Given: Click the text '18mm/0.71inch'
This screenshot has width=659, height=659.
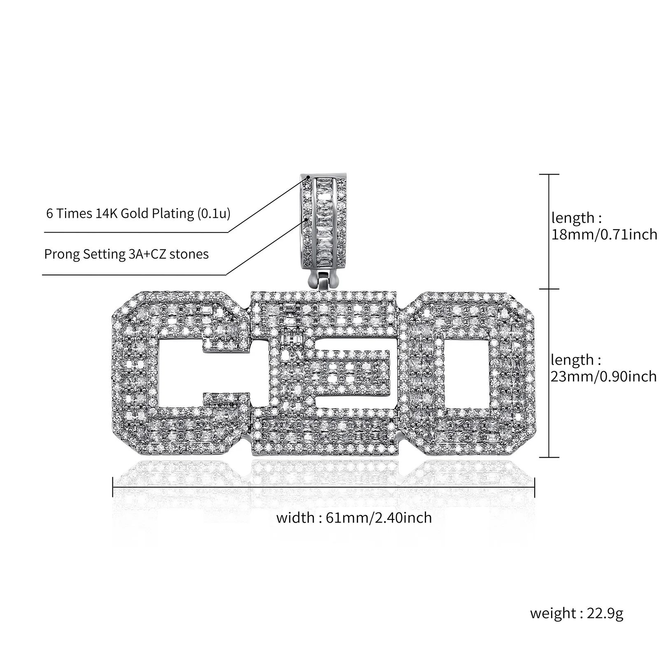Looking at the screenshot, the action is click(604, 235).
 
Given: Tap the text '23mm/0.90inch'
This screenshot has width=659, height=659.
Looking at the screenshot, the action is click(603, 376).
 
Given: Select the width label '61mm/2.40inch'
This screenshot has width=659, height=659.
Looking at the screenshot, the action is click(379, 517).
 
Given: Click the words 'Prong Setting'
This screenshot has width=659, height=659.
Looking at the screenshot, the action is click(83, 254).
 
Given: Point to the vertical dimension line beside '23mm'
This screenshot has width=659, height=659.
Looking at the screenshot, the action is click(549, 373).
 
